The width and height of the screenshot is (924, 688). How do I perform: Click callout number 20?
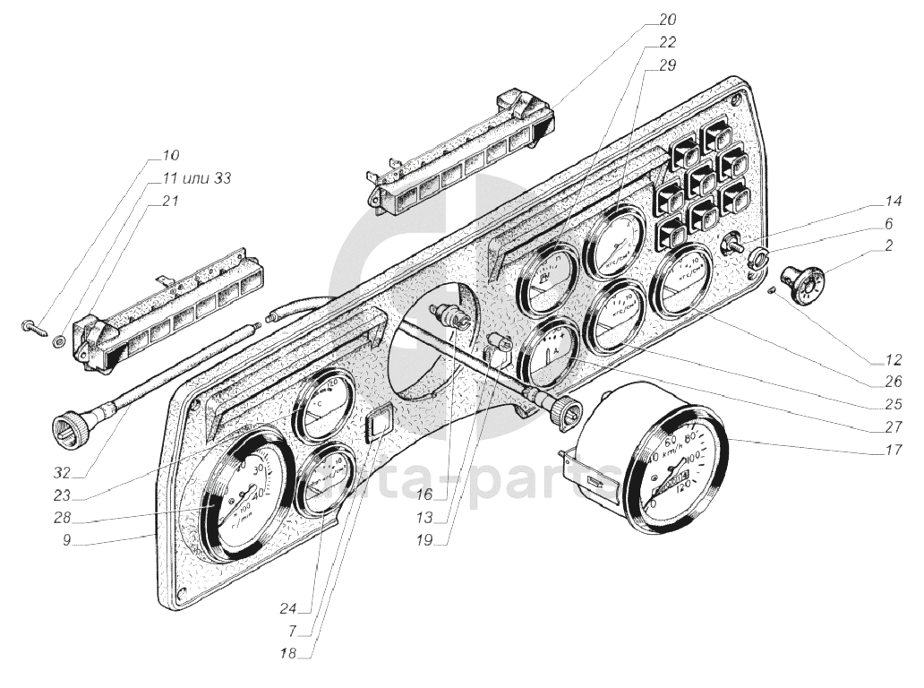point(668,19)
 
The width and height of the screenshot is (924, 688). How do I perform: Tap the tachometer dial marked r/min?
point(240,494)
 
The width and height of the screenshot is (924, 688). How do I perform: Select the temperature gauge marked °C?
point(322,406)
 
